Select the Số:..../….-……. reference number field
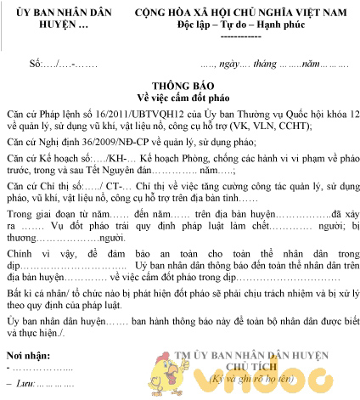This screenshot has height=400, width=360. [x=65, y=64]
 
